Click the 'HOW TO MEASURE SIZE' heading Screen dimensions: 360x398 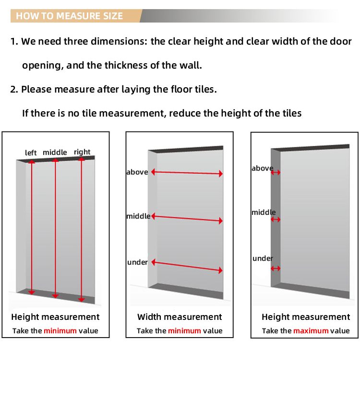pyautogui.click(x=69, y=16)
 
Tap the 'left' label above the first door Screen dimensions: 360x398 pyautogui.click(x=31, y=153)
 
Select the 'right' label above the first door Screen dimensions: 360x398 pyautogui.click(x=82, y=152)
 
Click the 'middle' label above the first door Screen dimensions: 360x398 pyautogui.click(x=55, y=152)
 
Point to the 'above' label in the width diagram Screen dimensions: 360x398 pyautogui.click(x=137, y=172)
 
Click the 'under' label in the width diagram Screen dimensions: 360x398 pyautogui.click(x=137, y=262)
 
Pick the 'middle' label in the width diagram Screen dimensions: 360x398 pyautogui.click(x=138, y=216)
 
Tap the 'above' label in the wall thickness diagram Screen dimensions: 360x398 pyautogui.click(x=263, y=168)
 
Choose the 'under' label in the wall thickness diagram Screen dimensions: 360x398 pyautogui.click(x=263, y=258)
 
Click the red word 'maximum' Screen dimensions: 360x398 pyautogui.click(x=311, y=331)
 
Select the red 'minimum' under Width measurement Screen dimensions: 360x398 pyautogui.click(x=184, y=331)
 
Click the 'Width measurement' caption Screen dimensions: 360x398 pyautogui.click(x=180, y=317)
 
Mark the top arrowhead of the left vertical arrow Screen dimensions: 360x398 pyautogui.click(x=32, y=161)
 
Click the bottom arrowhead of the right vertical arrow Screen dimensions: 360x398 pyautogui.click(x=81, y=300)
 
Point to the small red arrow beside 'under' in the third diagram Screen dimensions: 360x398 pyautogui.click(x=276, y=269)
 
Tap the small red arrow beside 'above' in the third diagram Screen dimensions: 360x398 pyautogui.click(x=276, y=173)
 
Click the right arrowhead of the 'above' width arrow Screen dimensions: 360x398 pyautogui.click(x=221, y=174)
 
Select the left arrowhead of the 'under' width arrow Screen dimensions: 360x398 pyautogui.click(x=153, y=262)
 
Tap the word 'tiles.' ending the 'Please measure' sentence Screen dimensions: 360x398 pyautogui.click(x=206, y=89)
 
